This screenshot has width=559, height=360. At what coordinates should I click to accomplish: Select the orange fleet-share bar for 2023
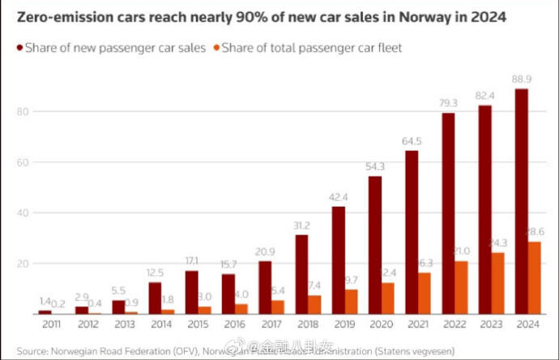click(497, 283)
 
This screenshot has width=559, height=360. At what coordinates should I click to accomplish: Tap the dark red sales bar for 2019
click(338, 260)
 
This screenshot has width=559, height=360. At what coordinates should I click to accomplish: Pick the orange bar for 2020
click(388, 298)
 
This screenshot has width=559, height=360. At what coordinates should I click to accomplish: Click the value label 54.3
click(375, 167)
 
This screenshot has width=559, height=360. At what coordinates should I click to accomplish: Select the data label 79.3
click(447, 104)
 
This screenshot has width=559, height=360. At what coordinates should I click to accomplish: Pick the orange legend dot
click(215, 48)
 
